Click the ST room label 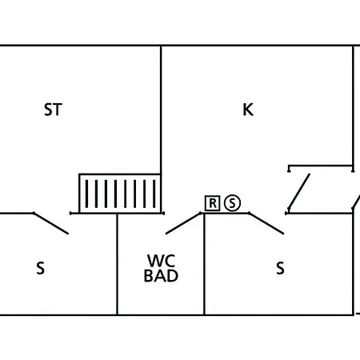pyautogui.click(x=53, y=110)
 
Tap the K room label pyautogui.click(x=248, y=110)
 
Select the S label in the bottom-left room pyautogui.click(x=41, y=269)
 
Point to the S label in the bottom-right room pyautogui.click(x=280, y=269)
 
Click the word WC pyautogui.click(x=161, y=261)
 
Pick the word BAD pyautogui.click(x=161, y=277)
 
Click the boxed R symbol pyautogui.click(x=212, y=203)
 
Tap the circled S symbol pyautogui.click(x=232, y=203)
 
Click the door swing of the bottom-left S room pyautogui.click(x=50, y=223)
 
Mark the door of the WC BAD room pyautogui.click(x=184, y=223)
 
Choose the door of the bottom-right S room pyautogui.click(x=266, y=223)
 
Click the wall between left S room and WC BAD pyautogui.click(x=118, y=264)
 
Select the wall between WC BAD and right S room pyautogui.click(x=205, y=264)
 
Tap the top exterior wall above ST pyautogui.click(x=80, y=46)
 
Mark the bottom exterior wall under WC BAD pyautogui.click(x=160, y=314)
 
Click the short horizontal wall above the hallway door pyautogui.click(x=320, y=166)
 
